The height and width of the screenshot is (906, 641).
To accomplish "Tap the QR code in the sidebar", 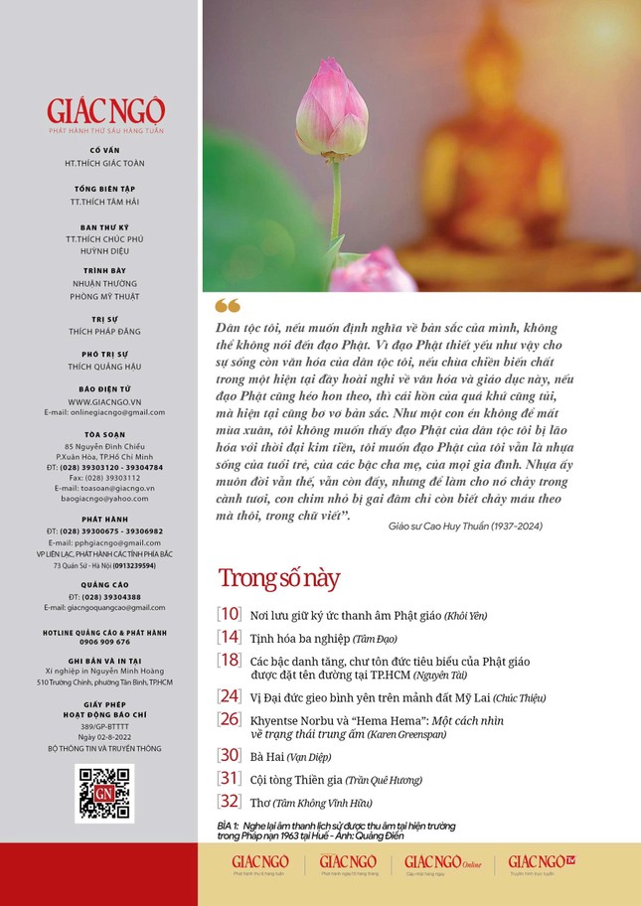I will tap(104, 792).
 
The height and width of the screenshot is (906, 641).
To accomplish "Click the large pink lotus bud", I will tap(331, 111).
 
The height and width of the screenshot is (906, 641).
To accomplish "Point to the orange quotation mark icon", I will tap(227, 305).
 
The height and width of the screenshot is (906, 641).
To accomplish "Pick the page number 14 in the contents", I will tap(230, 637).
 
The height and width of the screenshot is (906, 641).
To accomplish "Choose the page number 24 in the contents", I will tap(230, 696).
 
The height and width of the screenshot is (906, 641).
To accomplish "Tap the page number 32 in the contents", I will tap(230, 801).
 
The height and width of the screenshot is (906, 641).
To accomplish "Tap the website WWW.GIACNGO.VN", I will tap(104, 401).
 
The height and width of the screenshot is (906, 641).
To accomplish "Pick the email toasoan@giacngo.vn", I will tap(104, 488).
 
